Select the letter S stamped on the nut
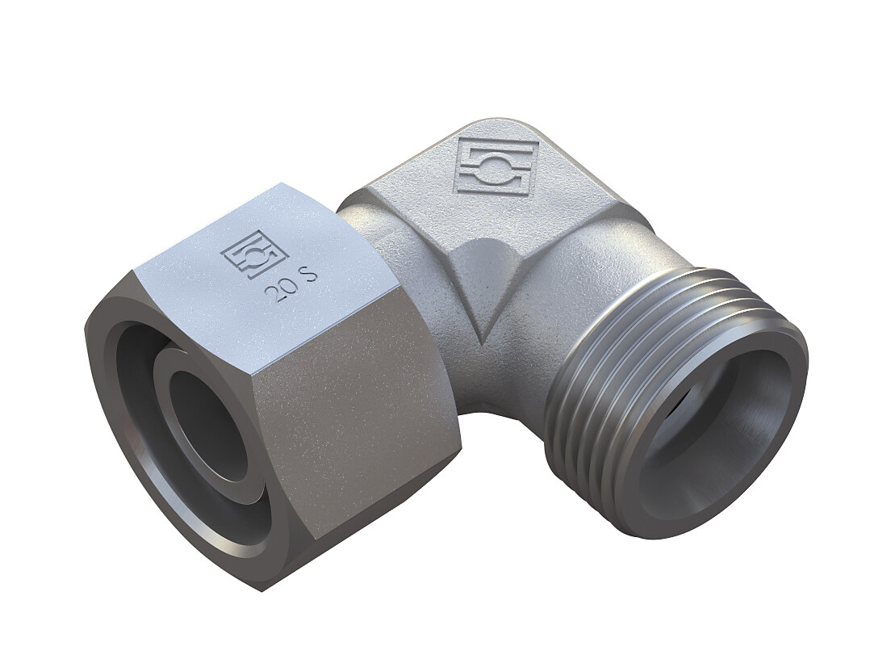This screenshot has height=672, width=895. pos(311,280)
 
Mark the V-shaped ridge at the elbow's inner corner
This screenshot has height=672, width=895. pos(483,297)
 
